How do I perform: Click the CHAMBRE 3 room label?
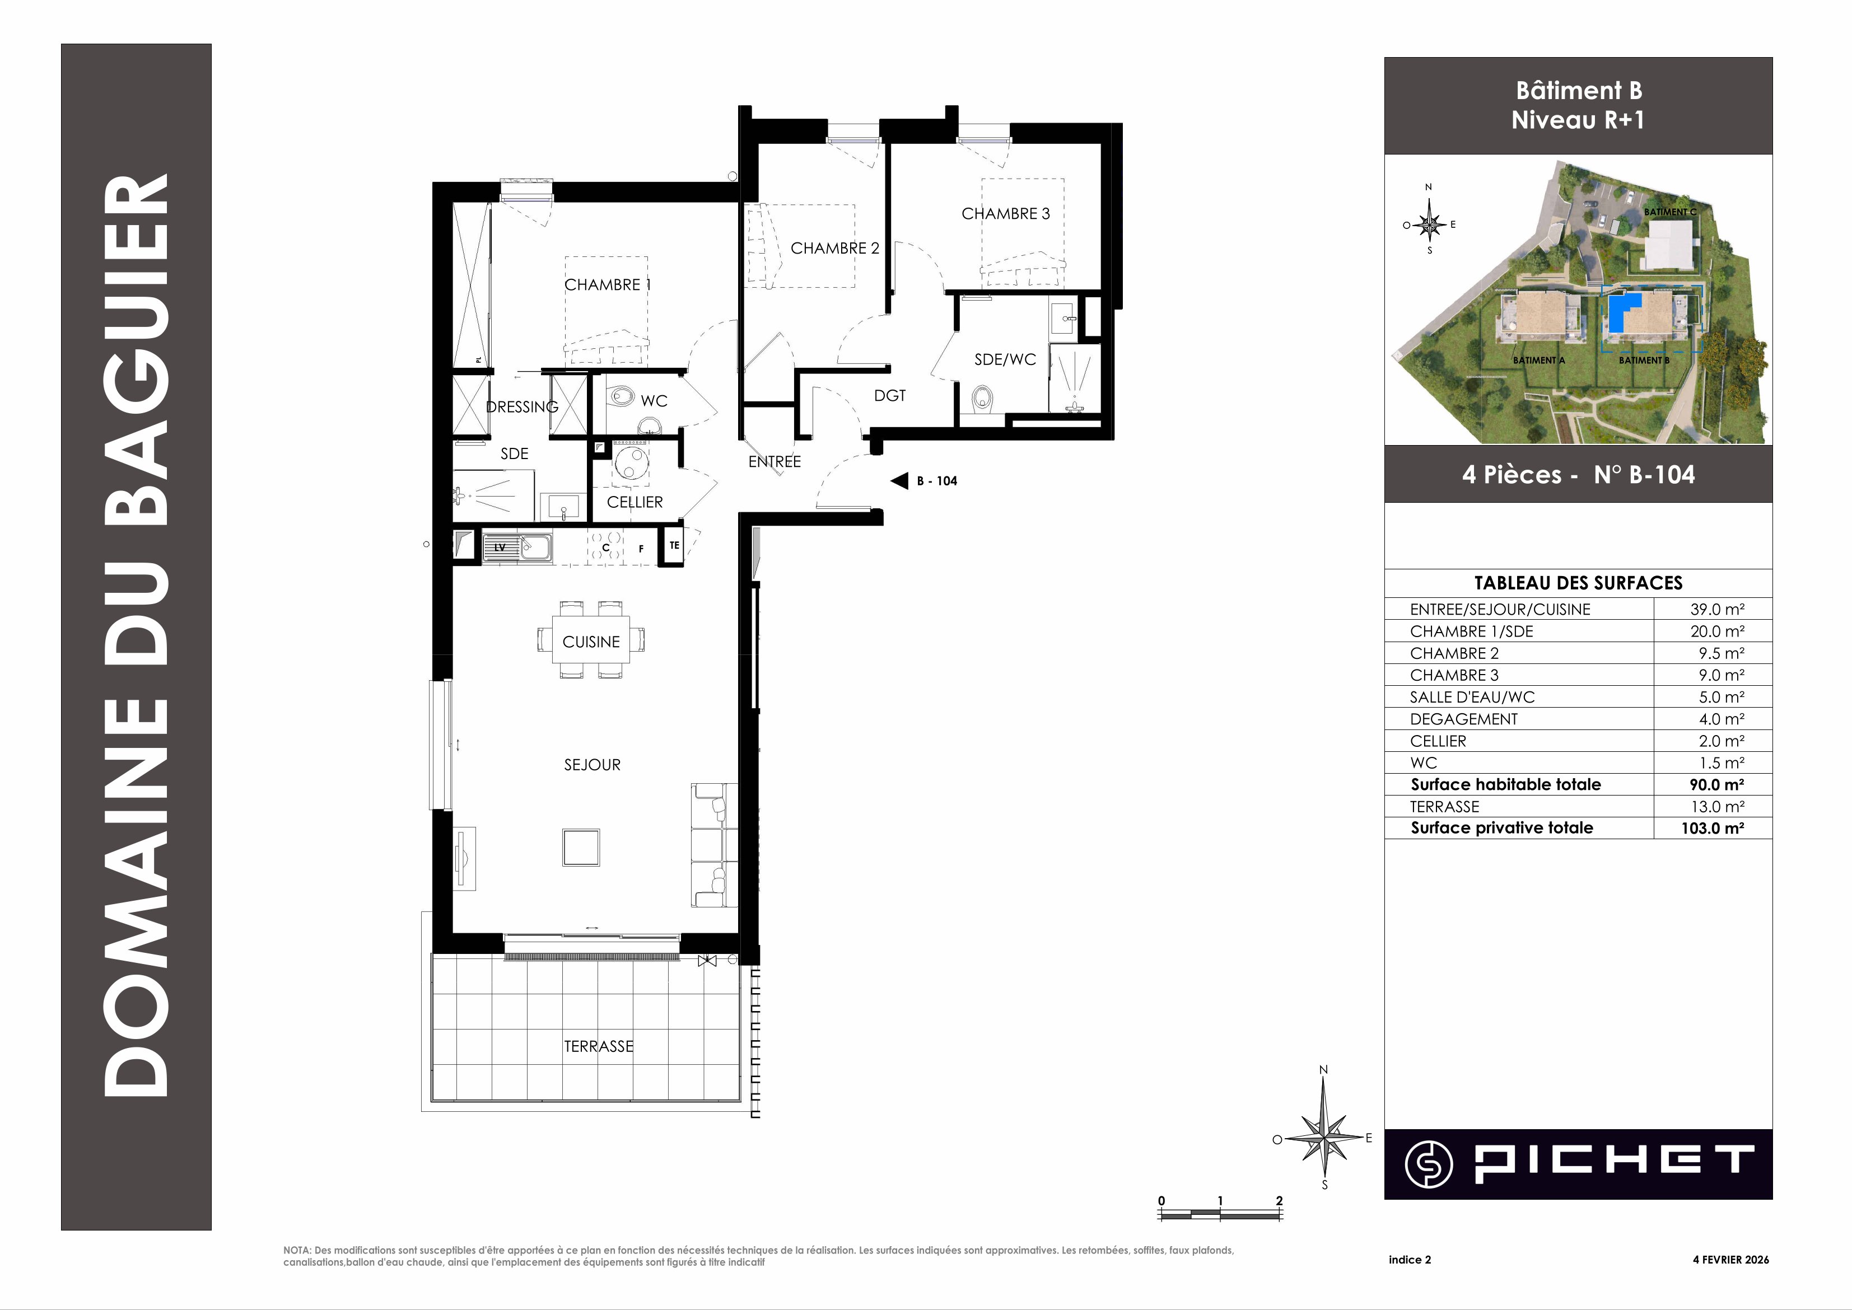click(x=1005, y=214)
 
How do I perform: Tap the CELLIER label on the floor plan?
click(x=635, y=502)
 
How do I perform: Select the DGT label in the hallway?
click(x=890, y=395)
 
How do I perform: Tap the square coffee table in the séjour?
click(x=581, y=847)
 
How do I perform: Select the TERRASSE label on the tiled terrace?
click(x=599, y=1046)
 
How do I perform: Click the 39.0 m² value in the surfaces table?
click(x=1717, y=609)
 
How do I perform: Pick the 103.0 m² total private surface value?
click(x=1713, y=827)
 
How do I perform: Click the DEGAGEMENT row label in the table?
click(x=1464, y=719)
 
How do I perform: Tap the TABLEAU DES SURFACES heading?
click(x=1579, y=582)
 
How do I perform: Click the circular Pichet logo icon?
click(x=1428, y=1164)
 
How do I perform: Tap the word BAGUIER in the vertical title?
click(x=137, y=347)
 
